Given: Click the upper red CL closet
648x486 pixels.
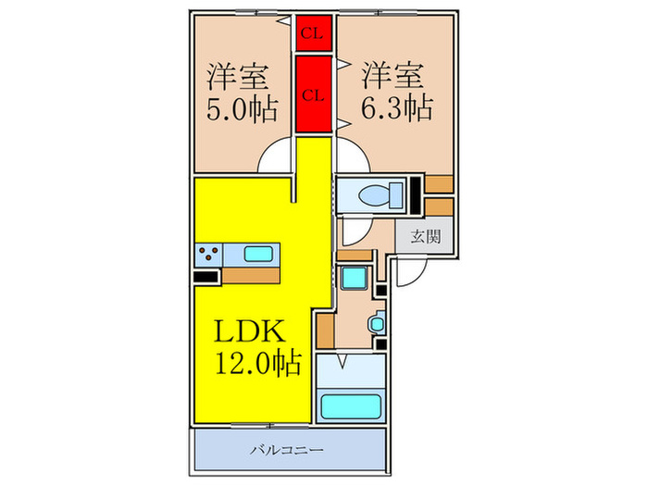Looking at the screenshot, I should (x=312, y=34).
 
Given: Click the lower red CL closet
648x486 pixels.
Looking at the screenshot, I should (x=312, y=93).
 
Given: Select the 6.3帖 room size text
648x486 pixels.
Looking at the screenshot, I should (x=395, y=109).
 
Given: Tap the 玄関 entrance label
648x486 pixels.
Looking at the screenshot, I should (x=419, y=236).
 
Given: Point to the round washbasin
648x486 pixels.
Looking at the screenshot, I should (x=375, y=325).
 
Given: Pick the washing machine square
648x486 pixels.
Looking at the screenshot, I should (x=353, y=277).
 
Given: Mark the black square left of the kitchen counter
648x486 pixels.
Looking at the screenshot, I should (x=206, y=275).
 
